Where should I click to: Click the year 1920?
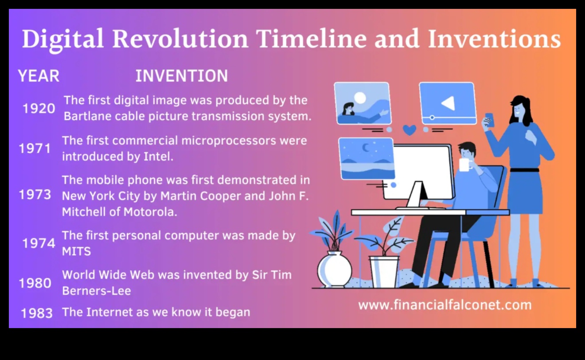click(x=39, y=108)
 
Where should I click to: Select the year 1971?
click(x=35, y=149)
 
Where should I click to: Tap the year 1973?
click(x=35, y=195)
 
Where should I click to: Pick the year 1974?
click(x=39, y=243)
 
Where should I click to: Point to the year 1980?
click(x=35, y=283)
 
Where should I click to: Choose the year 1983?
click(x=36, y=313)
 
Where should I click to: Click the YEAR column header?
click(x=39, y=76)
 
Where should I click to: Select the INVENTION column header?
click(x=181, y=76)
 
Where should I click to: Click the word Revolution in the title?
click(x=180, y=39)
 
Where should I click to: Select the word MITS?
click(x=76, y=251)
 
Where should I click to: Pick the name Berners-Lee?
click(x=96, y=291)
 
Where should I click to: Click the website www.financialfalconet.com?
click(x=445, y=305)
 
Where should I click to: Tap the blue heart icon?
click(x=409, y=130)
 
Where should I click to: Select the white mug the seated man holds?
click(x=464, y=164)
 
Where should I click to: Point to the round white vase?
click(x=335, y=269)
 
